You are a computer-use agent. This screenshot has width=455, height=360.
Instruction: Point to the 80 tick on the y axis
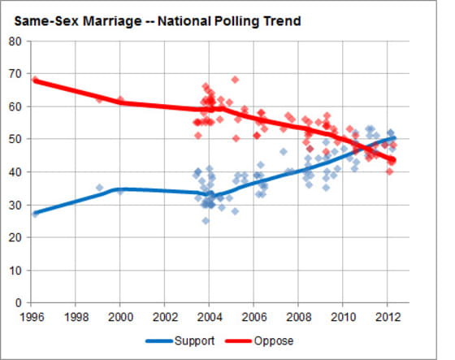(16, 41)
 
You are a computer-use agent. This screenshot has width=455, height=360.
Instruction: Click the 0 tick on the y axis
(19, 303)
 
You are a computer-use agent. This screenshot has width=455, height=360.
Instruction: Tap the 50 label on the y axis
(16, 140)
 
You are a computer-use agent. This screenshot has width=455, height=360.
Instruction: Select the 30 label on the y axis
(16, 205)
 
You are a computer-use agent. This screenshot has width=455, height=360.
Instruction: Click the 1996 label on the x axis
(32, 315)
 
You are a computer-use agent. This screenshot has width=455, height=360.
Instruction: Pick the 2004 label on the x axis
(209, 315)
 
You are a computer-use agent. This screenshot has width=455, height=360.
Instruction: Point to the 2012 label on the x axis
(386, 315)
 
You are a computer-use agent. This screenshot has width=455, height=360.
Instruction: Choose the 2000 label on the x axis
(120, 315)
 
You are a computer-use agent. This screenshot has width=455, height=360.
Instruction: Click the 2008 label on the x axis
(297, 315)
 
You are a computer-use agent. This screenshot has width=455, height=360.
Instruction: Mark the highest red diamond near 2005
(235, 80)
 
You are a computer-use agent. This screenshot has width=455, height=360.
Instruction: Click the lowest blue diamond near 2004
(206, 220)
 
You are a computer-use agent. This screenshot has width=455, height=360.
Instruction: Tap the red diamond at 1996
(35, 80)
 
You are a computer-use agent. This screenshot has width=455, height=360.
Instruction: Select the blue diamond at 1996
(35, 214)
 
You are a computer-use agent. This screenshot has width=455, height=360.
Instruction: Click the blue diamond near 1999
(99, 188)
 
